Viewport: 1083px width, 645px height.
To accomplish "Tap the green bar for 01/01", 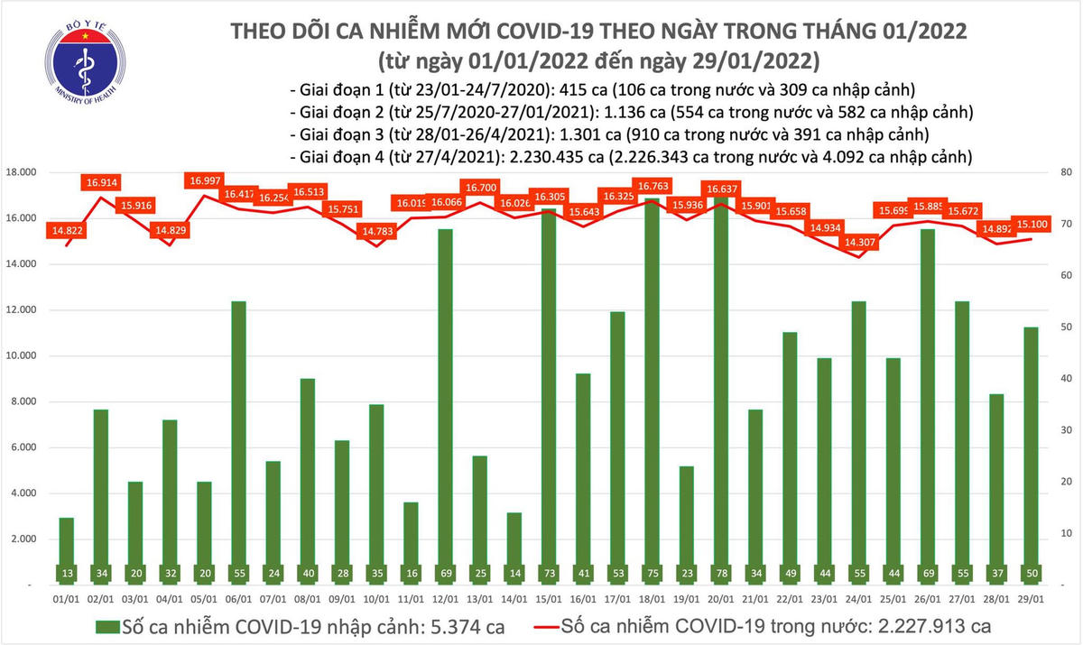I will click(68, 550).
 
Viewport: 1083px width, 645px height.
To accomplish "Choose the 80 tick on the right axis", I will click(1065, 172).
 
